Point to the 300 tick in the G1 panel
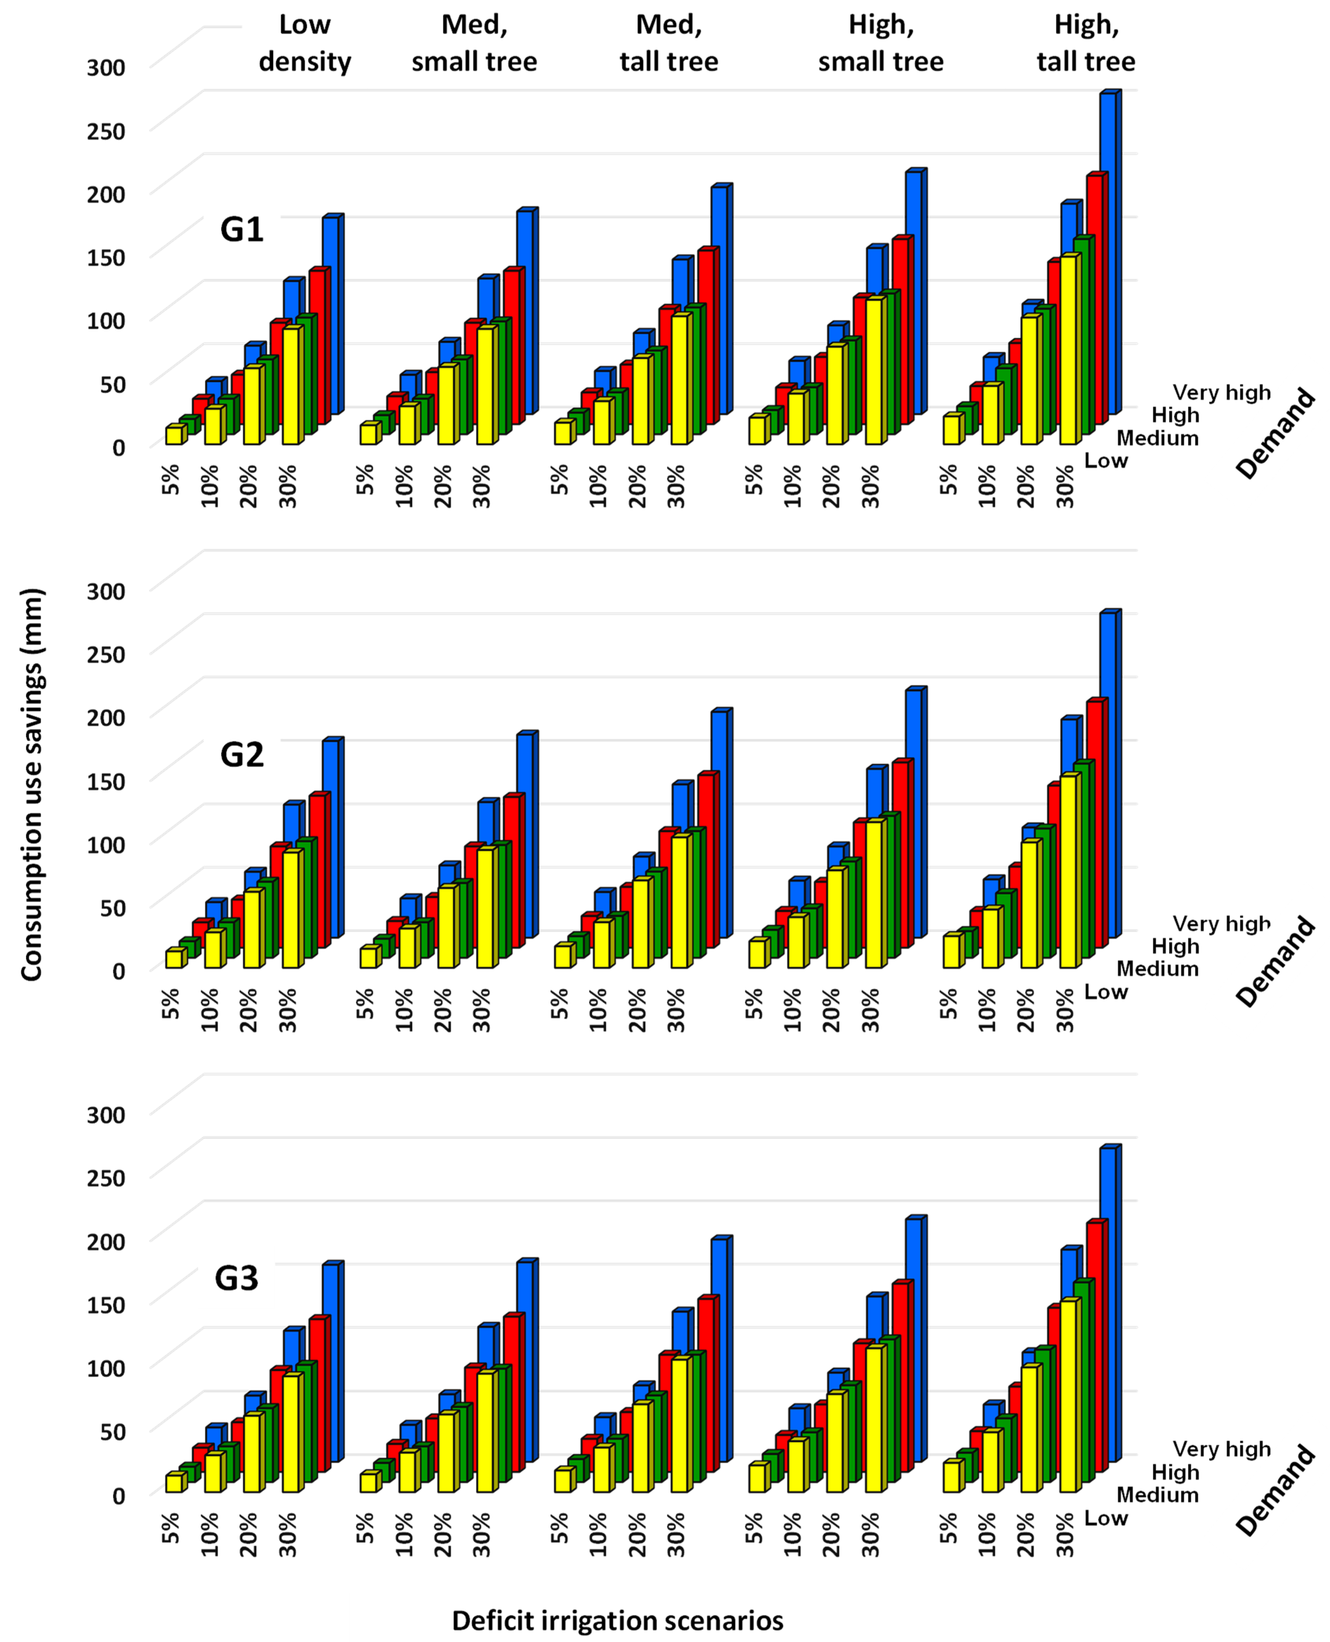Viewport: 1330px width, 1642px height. click(x=106, y=67)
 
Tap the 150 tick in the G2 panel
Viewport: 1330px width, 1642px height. click(x=106, y=781)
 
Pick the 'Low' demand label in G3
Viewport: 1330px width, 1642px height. click(x=1105, y=1518)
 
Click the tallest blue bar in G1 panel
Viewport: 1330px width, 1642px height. click(x=1108, y=253)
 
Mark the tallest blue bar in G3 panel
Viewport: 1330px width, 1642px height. click(x=1108, y=1303)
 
